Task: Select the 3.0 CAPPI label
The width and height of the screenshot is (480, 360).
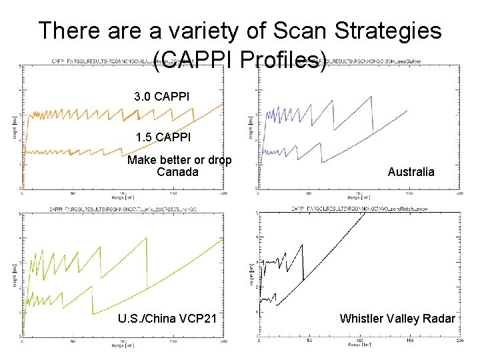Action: click(161, 97)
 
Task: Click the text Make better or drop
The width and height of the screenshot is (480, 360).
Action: click(179, 160)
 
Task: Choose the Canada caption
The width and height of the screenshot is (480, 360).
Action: click(177, 172)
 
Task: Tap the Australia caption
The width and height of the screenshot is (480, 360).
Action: click(411, 172)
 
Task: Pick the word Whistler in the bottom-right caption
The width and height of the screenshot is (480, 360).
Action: click(365, 318)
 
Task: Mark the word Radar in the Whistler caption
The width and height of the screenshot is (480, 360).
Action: click(439, 318)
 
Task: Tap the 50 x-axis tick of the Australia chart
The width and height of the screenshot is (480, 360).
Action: click(309, 194)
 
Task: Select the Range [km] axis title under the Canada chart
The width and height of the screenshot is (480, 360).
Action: click(123, 199)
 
